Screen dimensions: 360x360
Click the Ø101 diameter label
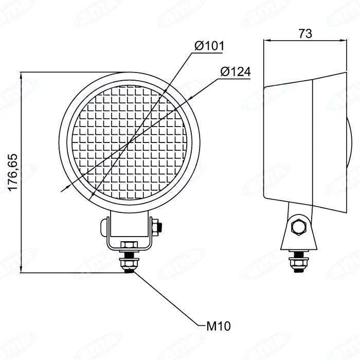coord(209,46)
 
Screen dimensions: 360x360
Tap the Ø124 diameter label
coord(236,71)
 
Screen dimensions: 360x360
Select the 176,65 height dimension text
coord(13,172)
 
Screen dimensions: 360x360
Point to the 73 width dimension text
coord(305,33)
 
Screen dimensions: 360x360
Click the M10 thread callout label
coord(219,326)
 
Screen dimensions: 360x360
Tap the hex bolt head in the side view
coord(298,227)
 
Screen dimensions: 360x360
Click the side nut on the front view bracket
coord(157,227)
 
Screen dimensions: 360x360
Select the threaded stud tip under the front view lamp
coord(129,271)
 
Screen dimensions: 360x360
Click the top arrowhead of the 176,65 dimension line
coord(21,76)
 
